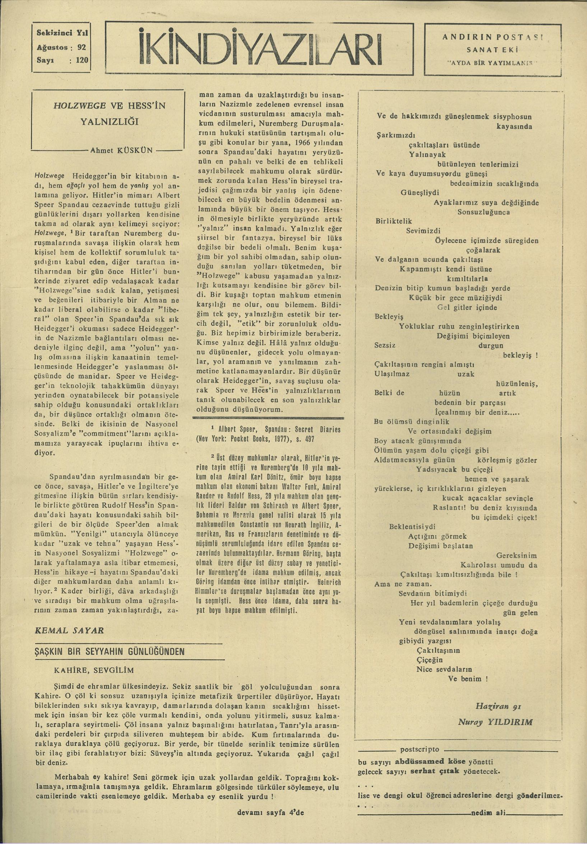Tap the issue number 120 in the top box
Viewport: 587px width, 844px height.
tap(82, 60)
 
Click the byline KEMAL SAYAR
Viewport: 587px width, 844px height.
tap(69, 630)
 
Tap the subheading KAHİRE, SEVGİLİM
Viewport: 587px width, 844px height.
tap(94, 670)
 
